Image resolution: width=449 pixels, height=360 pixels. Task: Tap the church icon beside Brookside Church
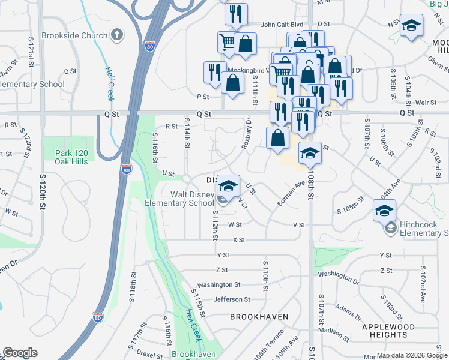pos(117,35)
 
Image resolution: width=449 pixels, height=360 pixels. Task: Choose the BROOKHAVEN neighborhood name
pos(259,316)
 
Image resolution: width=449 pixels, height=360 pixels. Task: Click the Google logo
pos(20,353)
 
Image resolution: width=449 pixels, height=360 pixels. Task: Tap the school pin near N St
pos(412,26)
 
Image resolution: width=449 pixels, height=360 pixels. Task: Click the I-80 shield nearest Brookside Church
pos(150,46)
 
